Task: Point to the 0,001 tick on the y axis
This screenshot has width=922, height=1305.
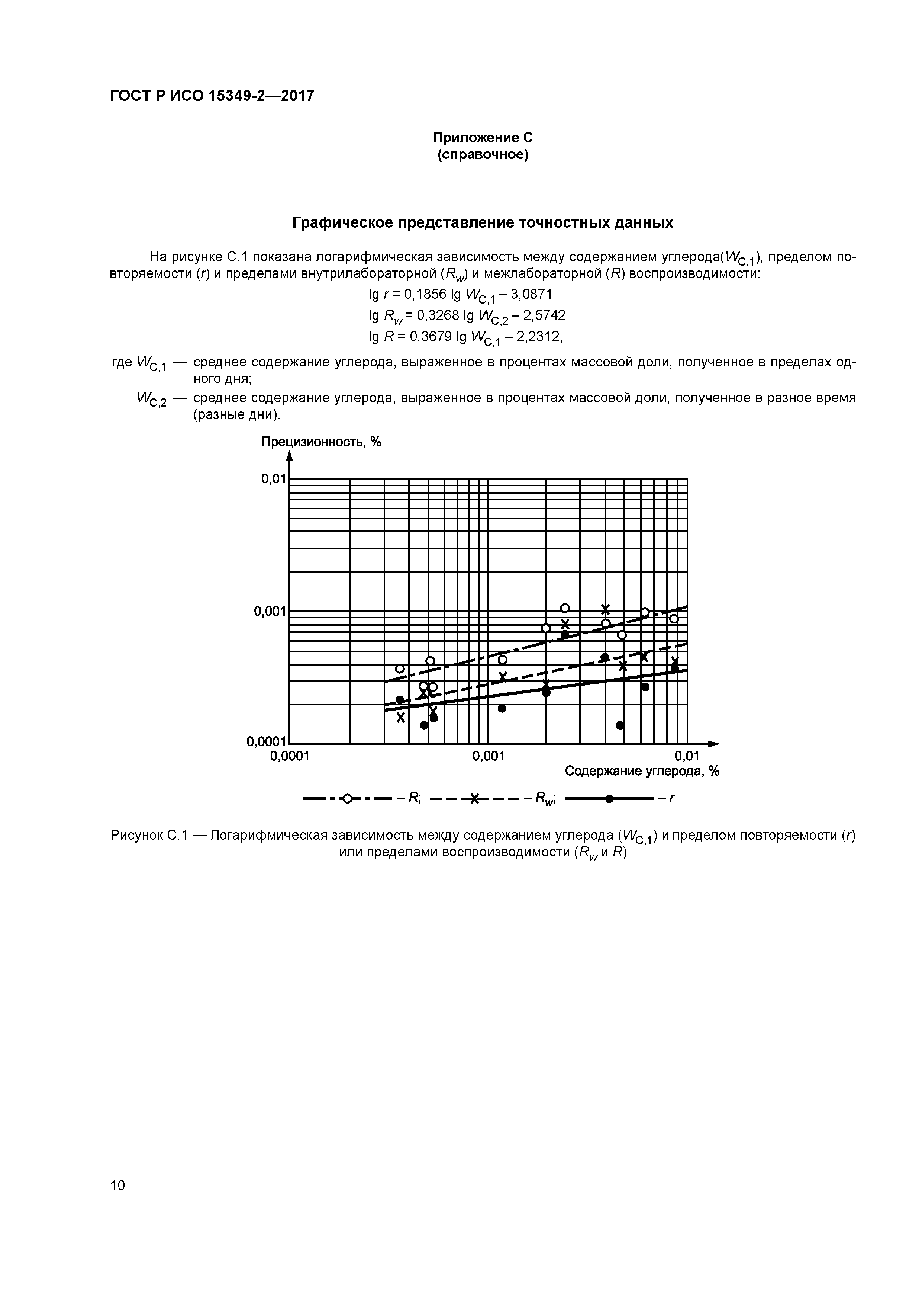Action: pyautogui.click(x=270, y=612)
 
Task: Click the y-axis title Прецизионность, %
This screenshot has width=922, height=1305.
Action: pyautogui.click(x=321, y=442)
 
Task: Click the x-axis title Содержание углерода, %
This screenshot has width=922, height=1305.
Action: pyautogui.click(x=642, y=771)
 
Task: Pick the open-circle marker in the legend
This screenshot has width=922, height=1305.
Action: pyautogui.click(x=348, y=799)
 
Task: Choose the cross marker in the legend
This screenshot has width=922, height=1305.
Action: pyautogui.click(x=475, y=799)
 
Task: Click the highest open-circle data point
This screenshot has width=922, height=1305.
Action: pyautogui.click(x=565, y=608)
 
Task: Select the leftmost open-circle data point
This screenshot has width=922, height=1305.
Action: pyautogui.click(x=400, y=668)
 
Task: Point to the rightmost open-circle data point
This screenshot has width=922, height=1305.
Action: pyautogui.click(x=674, y=618)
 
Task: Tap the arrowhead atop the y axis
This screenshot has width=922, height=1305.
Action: pyautogui.click(x=289, y=456)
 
